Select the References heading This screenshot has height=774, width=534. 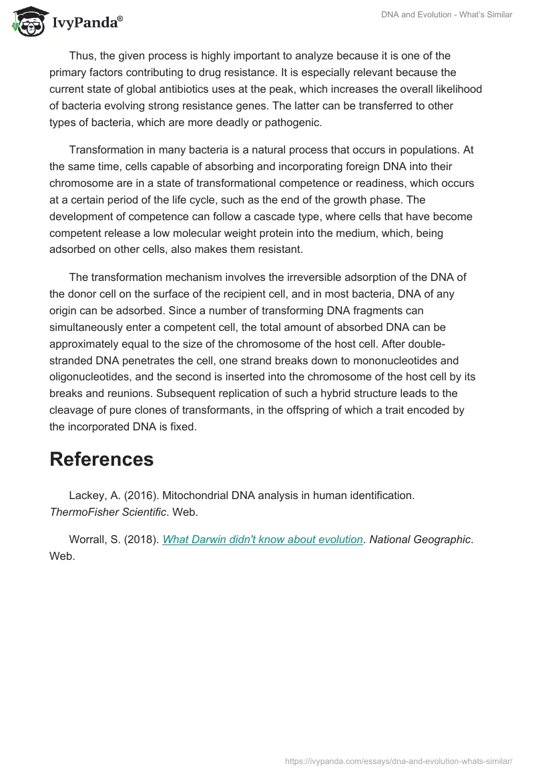pos(101,459)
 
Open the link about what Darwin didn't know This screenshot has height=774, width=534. pos(262,539)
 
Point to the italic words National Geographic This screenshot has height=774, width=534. pos(420,539)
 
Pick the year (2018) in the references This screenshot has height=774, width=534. pos(141,539)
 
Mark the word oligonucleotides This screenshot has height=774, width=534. pos(91,377)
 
